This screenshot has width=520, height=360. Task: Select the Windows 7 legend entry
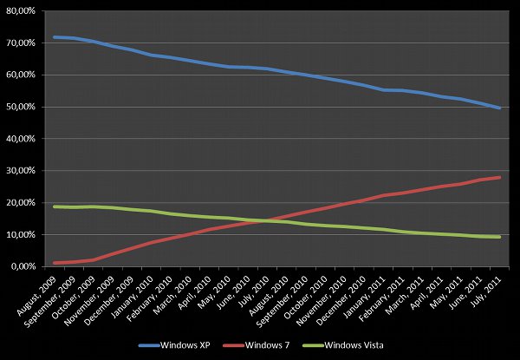coord(260,345)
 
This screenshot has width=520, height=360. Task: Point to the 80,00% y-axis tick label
coord(19,10)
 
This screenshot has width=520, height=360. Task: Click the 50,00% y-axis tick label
coord(19,107)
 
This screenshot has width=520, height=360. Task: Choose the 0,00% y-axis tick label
coord(22,267)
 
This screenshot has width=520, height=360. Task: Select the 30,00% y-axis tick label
coord(19,171)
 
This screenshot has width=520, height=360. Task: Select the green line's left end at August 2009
coord(55,206)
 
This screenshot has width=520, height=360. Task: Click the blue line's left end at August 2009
coord(55,37)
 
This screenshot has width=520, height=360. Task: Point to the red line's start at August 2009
coord(55,263)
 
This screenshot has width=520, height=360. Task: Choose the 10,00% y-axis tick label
coord(19,235)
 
